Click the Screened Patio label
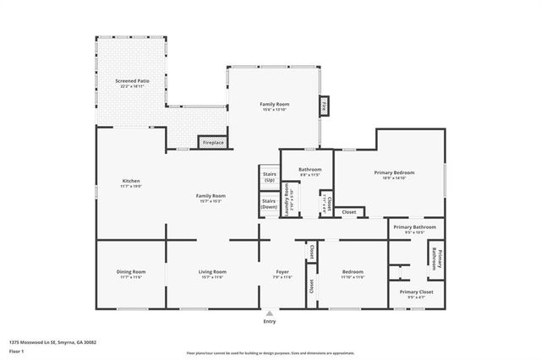[x=131, y=82]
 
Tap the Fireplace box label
[x=213, y=143]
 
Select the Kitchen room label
[x=130, y=181]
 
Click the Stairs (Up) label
[x=270, y=177]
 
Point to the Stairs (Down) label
[x=269, y=204]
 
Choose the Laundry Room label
[x=287, y=200]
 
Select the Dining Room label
[x=131, y=271]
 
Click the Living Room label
[x=212, y=271]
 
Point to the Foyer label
[x=281, y=271]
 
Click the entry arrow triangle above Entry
[x=270, y=312]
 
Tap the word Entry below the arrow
[x=270, y=322]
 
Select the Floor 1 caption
[x=16, y=350]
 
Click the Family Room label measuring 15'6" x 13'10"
[x=274, y=104]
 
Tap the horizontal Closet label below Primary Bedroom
[x=348, y=212]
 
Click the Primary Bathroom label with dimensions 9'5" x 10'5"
[x=413, y=227]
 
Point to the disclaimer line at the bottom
[x=270, y=352]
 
